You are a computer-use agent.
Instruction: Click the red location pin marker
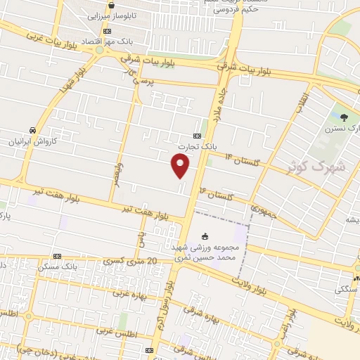[x=181, y=165]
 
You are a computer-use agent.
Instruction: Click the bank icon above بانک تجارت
[x=198, y=136]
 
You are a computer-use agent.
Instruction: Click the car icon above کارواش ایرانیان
[x=32, y=130]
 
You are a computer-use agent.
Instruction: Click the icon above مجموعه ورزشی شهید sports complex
[x=205, y=236]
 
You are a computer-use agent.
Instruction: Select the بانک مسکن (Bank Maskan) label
[x=79, y=267]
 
